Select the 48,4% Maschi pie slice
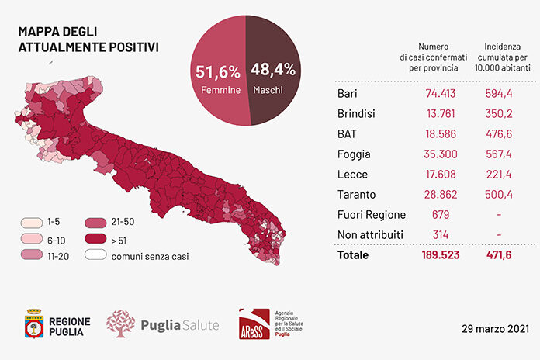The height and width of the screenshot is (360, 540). pos(274,69)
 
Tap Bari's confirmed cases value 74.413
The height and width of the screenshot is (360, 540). pos(441,93)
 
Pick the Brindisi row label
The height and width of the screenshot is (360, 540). pos(356,114)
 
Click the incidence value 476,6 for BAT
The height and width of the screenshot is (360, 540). pos(499,133)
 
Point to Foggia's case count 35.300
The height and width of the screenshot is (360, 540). pos(441,154)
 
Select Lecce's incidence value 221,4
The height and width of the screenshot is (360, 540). pos(499,175)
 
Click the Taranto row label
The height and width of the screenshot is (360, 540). pos(356,195)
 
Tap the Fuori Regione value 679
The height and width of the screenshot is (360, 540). pos(441,215)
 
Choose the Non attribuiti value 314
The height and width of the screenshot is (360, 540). pos(441,235)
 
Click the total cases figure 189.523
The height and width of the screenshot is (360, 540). pos(441,255)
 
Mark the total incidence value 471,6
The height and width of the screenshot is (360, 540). pos(499,255)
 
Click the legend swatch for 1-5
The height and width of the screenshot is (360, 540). pos(32,223)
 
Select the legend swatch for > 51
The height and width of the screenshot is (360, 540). pos(95,238)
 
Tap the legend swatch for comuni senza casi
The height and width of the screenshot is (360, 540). pos(95,254)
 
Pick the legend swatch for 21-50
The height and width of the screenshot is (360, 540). pos(95,223)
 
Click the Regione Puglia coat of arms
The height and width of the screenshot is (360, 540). pos(34,324)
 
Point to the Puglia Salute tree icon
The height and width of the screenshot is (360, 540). pos(120,324)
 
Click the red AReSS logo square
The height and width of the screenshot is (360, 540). pos(254,324)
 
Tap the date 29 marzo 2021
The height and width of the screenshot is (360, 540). pos(495,329)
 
